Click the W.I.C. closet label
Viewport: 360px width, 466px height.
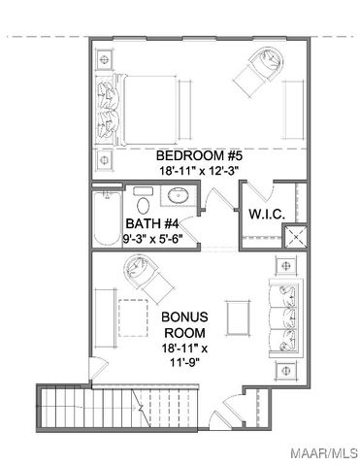click(x=265, y=214)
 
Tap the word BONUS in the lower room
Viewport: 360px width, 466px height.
click(x=184, y=317)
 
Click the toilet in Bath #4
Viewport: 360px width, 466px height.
click(x=142, y=205)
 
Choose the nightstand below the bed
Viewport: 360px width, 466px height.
click(x=106, y=155)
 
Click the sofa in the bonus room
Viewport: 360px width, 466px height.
click(x=284, y=316)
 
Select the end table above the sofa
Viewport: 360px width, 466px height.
click(x=285, y=265)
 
